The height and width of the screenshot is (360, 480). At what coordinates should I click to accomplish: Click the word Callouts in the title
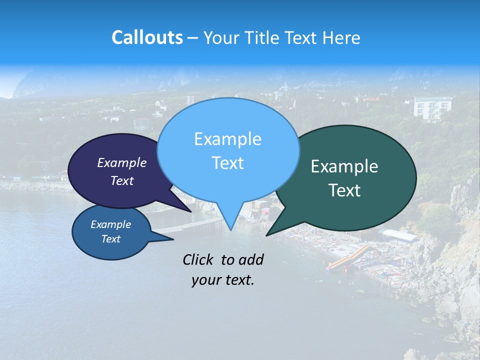147,37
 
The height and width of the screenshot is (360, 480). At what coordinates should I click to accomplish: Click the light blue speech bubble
228,125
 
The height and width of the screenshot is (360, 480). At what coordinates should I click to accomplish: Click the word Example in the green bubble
344,166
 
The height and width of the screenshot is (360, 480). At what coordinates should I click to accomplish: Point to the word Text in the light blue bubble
228,163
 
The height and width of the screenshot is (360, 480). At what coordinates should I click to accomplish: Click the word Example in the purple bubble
122,162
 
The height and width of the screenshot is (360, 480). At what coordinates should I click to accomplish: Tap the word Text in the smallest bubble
111,239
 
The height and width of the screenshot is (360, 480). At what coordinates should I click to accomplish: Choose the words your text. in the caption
223,280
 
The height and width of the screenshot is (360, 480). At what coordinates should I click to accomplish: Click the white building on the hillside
431,107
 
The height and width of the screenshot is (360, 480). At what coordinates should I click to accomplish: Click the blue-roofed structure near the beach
398,235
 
